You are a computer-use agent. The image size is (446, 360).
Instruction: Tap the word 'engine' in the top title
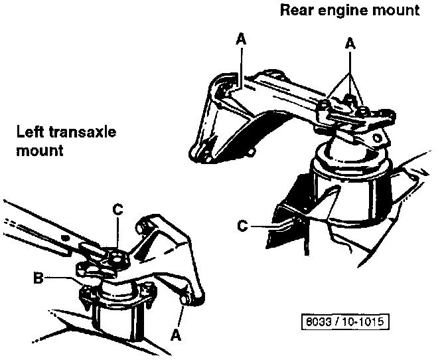[x=340, y=10]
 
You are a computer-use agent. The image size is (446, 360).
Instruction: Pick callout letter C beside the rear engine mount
[x=244, y=226]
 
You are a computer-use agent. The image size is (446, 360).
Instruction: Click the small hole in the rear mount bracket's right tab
[x=379, y=137]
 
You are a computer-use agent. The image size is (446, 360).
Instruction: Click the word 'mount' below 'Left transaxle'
[x=39, y=150]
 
